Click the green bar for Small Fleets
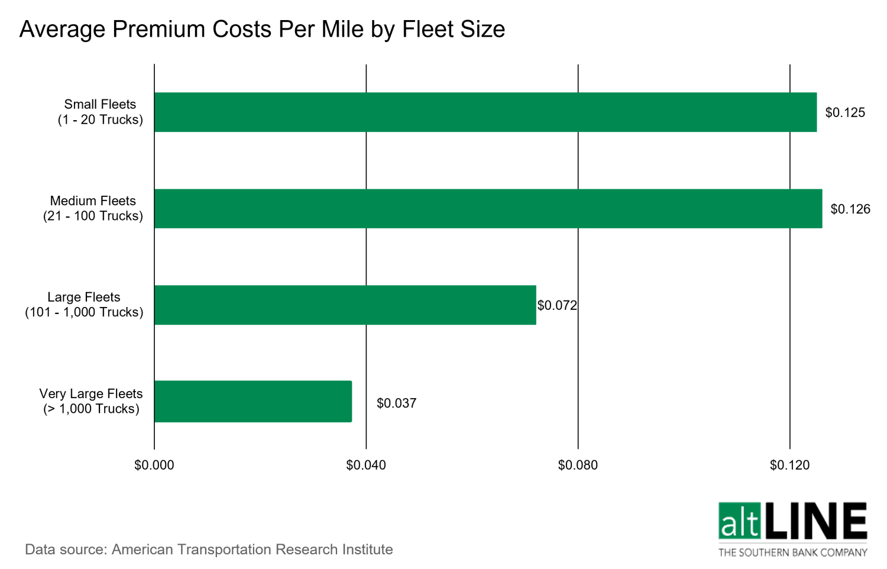tap(485, 112)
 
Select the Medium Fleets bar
tap(488, 208)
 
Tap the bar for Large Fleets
tap(345, 305)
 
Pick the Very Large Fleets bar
tap(252, 401)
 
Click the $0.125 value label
tap(844, 112)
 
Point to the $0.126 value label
tap(850, 209)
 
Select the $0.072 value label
tap(556, 305)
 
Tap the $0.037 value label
tap(396, 403)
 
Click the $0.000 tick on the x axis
tap(154, 465)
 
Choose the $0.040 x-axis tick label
tap(365, 465)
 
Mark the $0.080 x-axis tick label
tap(577, 465)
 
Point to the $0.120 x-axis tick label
tap(789, 465)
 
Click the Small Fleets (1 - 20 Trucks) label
tap(100, 112)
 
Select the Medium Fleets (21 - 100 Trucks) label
tap(93, 208)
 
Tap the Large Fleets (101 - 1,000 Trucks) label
tap(84, 305)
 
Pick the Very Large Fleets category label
tap(91, 401)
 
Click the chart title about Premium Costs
tap(262, 29)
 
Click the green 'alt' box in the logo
tap(739, 521)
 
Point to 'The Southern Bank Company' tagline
tap(792, 552)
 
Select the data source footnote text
tap(209, 549)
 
